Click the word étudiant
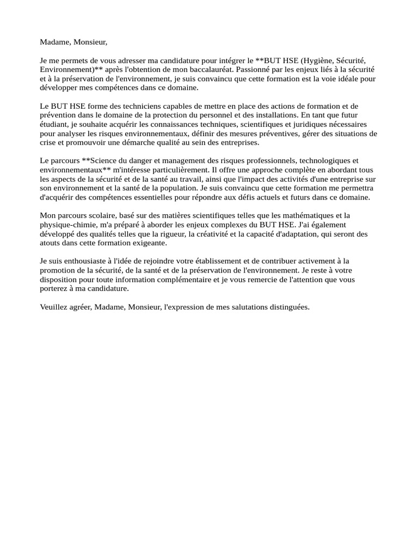(53, 124)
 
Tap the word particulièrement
(177, 170)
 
